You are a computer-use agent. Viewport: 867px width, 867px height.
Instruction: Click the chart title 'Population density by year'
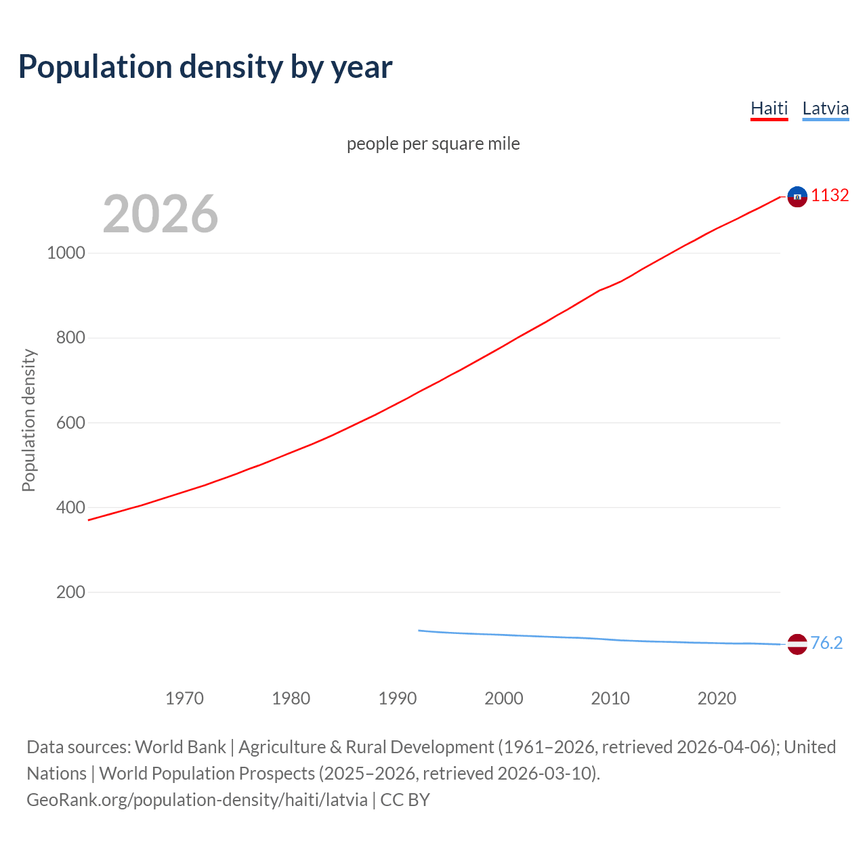pos(205,67)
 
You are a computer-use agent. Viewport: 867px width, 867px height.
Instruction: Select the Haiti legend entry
pos(769,108)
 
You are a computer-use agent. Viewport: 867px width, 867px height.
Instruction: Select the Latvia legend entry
pos(825,108)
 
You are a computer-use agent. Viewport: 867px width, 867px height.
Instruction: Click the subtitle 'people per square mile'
pos(433,144)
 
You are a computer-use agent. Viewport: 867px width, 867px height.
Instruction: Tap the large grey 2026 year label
pos(161,214)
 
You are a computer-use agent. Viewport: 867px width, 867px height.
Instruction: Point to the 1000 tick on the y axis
pos(66,253)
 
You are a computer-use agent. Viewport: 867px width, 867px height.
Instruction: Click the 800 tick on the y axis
pos(70,337)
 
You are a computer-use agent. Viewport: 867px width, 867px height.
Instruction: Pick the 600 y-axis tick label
pos(70,423)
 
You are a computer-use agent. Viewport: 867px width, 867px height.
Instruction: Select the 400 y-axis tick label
pos(70,507)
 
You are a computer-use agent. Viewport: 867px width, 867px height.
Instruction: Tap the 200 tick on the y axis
pos(70,592)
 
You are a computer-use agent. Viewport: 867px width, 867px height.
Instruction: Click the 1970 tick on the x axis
pos(184,698)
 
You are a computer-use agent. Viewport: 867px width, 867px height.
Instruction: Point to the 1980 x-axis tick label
pos(291,698)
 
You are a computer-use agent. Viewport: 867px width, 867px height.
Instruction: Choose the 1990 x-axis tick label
pos(398,698)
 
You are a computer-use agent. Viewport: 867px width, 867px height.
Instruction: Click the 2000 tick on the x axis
pos(504,698)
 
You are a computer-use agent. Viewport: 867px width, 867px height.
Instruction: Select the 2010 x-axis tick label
pos(610,698)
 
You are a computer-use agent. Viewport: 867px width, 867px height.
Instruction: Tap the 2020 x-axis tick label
pos(717,698)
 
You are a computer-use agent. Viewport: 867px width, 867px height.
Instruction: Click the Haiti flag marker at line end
pos(797,196)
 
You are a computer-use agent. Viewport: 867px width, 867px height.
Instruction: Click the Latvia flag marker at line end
pos(797,644)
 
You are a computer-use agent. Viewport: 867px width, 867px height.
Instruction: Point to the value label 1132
pos(830,195)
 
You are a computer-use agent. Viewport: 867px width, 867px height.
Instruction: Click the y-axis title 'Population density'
pos(28,420)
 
